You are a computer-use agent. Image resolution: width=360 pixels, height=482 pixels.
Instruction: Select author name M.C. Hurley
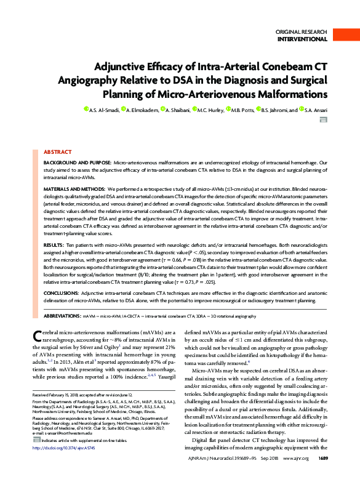point(211,110)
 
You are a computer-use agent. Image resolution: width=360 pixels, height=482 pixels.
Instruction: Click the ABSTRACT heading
point(57,151)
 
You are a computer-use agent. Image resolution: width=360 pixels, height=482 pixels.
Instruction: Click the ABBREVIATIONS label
point(63,315)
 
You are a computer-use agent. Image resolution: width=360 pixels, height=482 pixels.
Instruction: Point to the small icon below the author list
point(322,121)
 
